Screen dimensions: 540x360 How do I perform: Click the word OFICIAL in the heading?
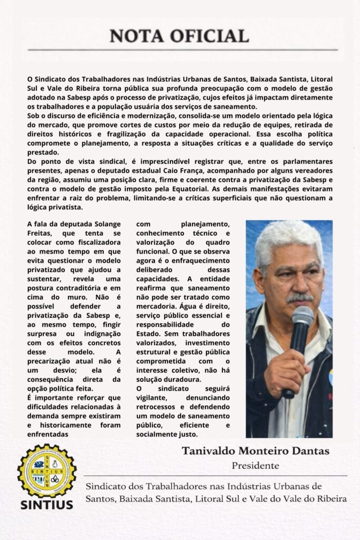coord(210,36)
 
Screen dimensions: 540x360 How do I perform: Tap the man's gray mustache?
coord(299,298)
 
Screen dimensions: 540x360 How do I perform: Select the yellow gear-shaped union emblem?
coord(46,470)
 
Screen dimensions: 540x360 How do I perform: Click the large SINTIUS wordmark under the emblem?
coord(46,504)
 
